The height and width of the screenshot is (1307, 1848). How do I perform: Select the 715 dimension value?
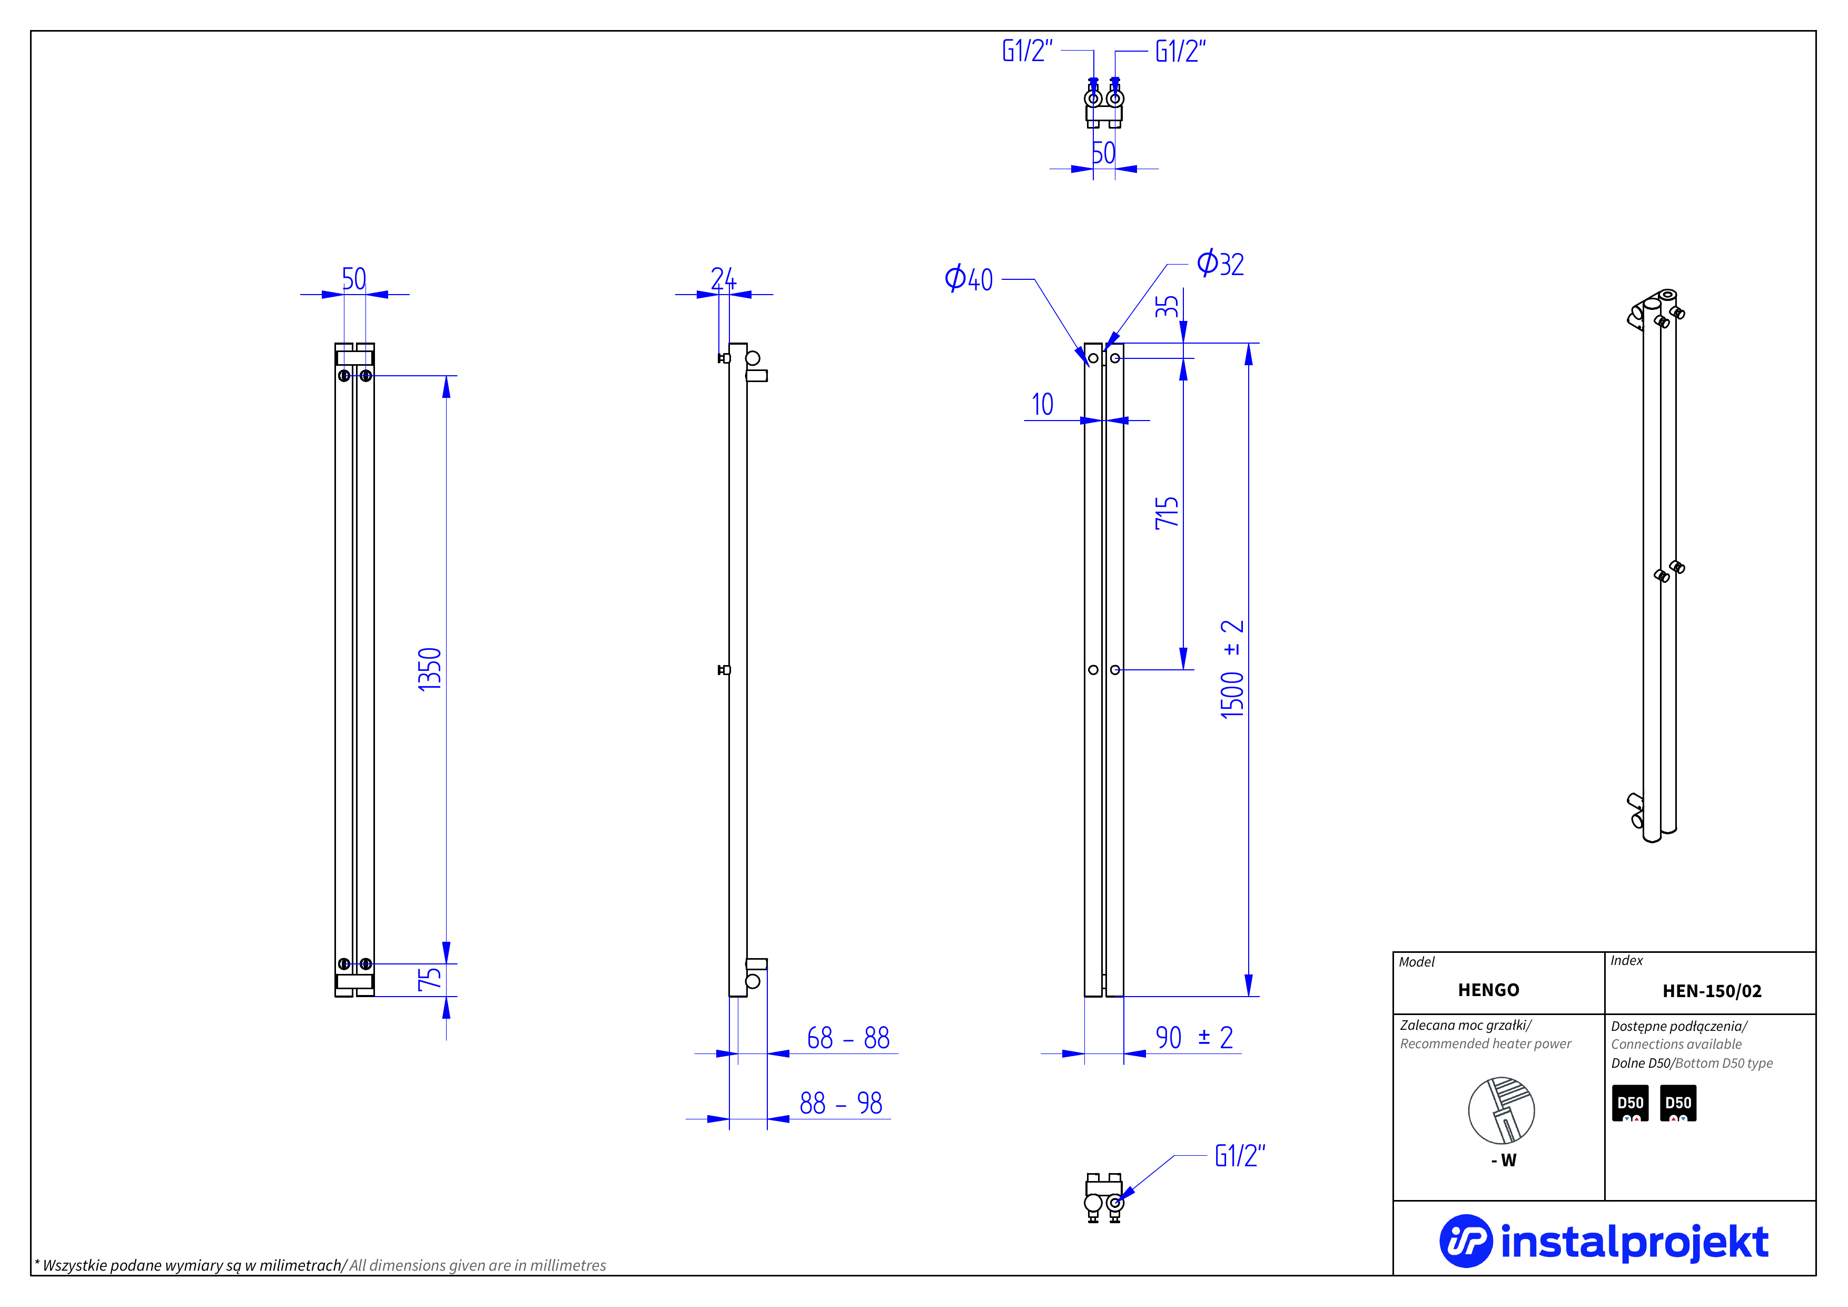(1167, 513)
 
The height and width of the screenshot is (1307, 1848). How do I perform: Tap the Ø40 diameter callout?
(969, 279)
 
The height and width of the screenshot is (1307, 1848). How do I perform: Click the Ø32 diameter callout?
(1220, 264)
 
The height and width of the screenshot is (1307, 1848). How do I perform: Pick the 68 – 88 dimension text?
(848, 1038)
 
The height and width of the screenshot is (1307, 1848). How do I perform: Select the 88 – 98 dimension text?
(841, 1103)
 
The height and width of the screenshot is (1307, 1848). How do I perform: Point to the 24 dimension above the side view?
(723, 279)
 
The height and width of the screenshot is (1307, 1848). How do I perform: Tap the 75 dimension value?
(430, 979)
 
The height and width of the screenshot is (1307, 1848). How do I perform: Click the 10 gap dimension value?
(1042, 404)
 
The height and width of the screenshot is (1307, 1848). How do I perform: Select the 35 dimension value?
(1167, 307)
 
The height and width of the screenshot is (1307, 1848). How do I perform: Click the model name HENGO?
(1488, 990)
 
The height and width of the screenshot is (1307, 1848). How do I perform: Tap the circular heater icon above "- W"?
(1501, 1110)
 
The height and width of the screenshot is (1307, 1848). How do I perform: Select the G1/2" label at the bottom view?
(1240, 1156)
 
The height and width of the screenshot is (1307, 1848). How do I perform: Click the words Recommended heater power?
(1485, 1043)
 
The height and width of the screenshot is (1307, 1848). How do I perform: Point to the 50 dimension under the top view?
(1103, 153)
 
